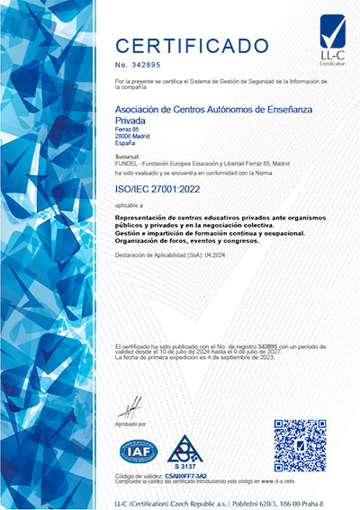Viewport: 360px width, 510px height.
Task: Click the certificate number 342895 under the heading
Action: [x=149, y=65]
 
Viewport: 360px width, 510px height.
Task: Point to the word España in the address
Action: [x=127, y=143]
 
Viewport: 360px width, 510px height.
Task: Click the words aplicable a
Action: [x=130, y=205]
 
